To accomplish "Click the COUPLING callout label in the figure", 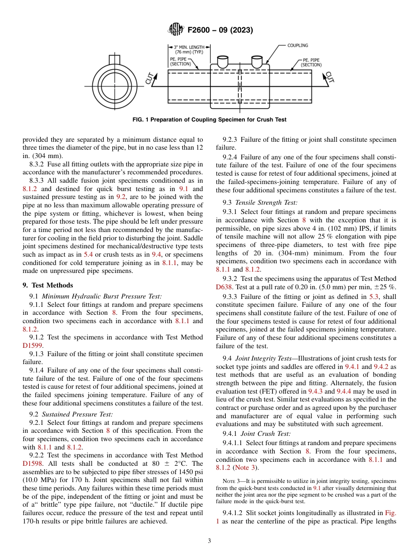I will (x=298, y=45).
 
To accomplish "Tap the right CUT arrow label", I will (x=329, y=77).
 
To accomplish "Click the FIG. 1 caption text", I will (x=209, y=120).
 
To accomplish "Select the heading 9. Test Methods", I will (x=48, y=285).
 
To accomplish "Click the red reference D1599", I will (x=33, y=346).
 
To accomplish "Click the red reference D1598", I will (x=33, y=464).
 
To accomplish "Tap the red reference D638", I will (x=225, y=287).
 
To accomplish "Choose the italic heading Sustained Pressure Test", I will (x=77, y=414).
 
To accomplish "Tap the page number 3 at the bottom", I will (x=209, y=541).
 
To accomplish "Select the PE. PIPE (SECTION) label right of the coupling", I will (x=311, y=62).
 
